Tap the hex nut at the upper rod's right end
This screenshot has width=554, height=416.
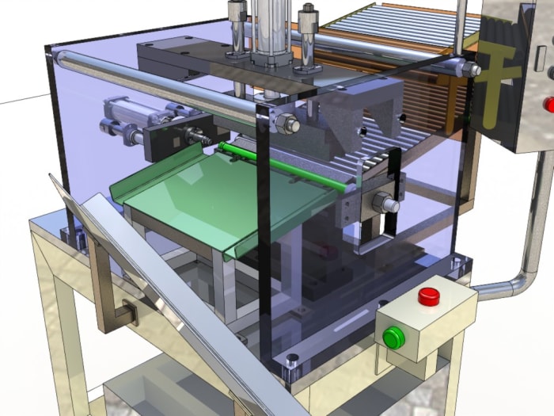472,69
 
